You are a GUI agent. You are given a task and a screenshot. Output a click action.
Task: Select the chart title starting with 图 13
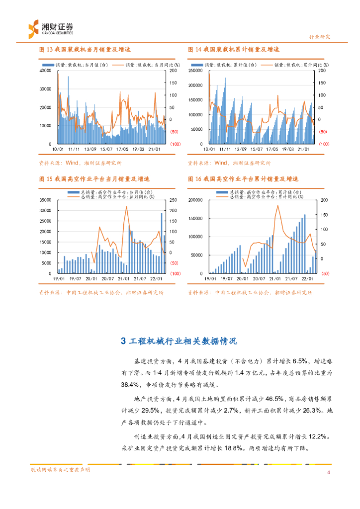coord(85,50)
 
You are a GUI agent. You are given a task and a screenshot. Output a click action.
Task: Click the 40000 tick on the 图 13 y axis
coord(45,71)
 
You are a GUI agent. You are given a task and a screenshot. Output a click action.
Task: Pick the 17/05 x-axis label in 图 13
coord(122,148)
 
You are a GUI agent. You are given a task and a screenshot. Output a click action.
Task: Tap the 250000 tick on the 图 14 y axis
coord(197,71)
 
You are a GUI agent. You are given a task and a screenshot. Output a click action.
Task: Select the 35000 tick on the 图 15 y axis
coord(45,200)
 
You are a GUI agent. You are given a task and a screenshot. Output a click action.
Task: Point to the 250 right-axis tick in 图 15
coord(174,200)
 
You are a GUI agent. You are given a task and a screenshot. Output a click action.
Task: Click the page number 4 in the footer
coord(328,472)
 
